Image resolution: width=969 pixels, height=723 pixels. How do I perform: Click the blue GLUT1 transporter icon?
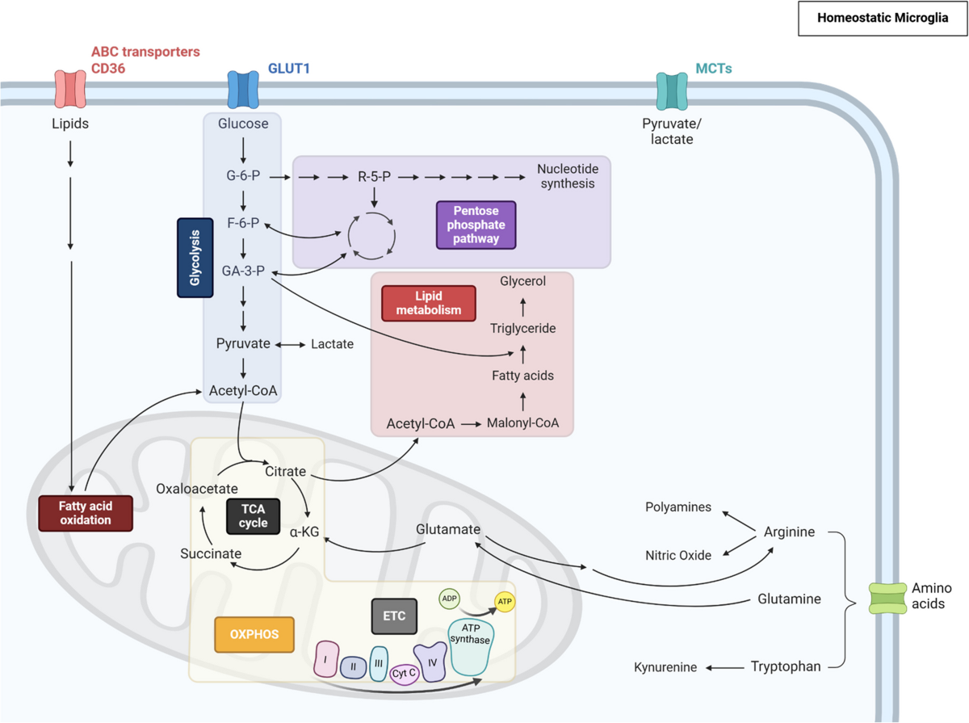click(x=243, y=89)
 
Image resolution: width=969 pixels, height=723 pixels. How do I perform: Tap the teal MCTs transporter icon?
click(x=673, y=90)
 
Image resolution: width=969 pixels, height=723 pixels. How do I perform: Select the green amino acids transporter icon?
click(x=887, y=599)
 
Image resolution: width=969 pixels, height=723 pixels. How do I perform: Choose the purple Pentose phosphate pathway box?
click(x=476, y=225)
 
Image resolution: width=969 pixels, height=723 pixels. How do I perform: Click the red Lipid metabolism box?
click(x=429, y=303)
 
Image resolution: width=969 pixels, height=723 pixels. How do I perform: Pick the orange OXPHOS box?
click(x=253, y=634)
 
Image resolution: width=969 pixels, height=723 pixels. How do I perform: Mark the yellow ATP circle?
click(x=505, y=602)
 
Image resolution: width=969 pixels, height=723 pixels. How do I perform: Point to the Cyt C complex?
click(x=404, y=673)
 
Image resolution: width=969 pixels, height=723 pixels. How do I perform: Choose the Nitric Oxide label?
click(x=678, y=555)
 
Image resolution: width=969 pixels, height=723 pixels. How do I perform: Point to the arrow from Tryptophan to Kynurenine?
click(x=726, y=667)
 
